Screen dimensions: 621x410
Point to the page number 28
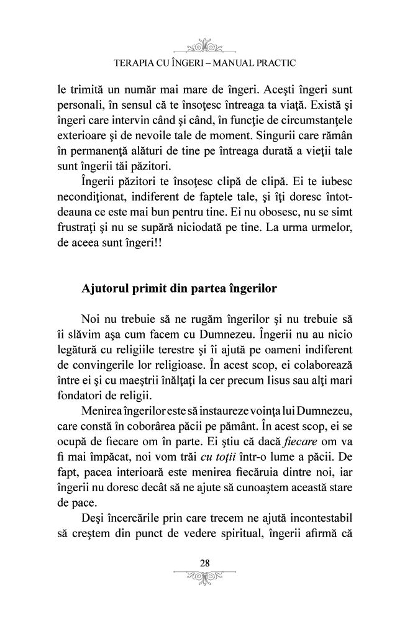coord(204,563)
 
